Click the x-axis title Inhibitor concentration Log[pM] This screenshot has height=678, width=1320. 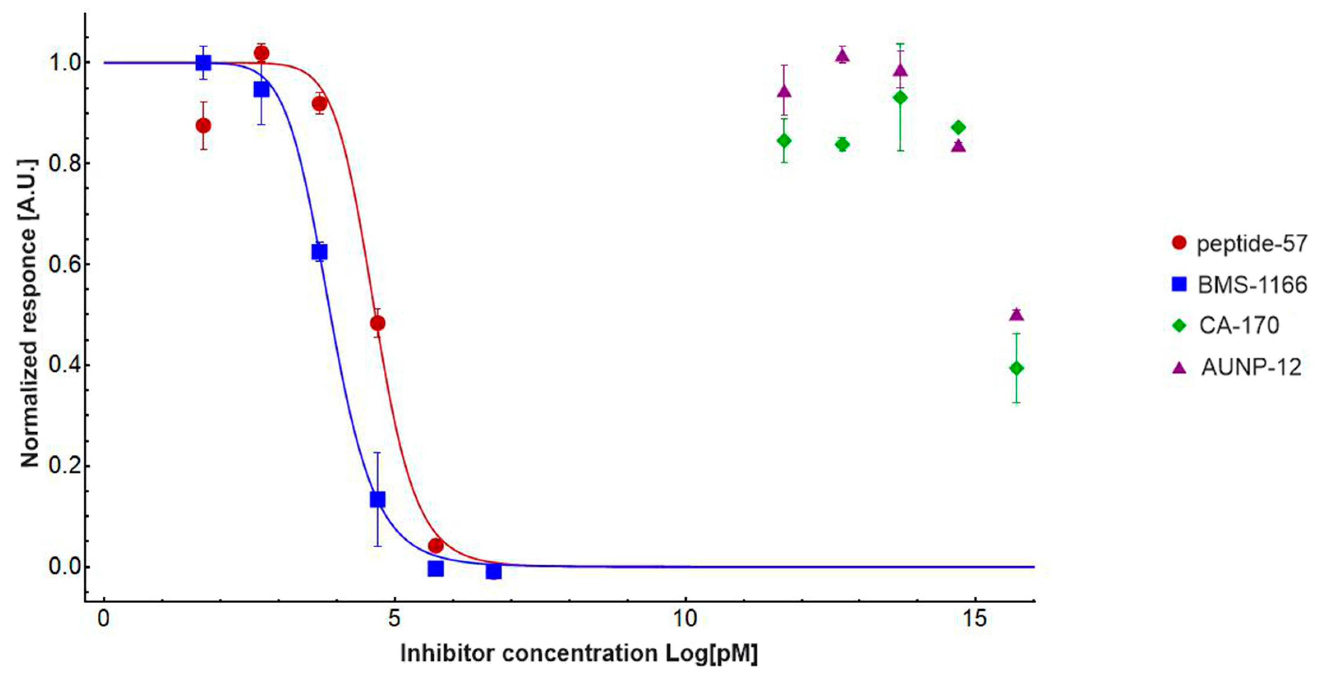coord(579,653)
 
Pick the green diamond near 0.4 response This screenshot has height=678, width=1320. coord(1017,368)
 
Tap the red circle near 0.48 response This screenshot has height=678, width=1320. coord(378,323)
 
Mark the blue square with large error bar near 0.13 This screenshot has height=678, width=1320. coord(378,499)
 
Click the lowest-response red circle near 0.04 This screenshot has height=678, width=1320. coord(435,546)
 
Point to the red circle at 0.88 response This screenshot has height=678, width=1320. coord(203,126)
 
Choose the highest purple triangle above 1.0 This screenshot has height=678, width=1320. coord(843,55)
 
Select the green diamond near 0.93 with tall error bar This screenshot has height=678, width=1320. coord(900,97)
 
